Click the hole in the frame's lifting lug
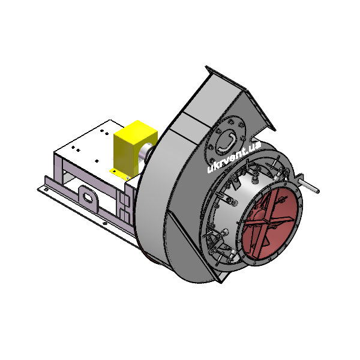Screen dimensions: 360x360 click(x=88, y=197)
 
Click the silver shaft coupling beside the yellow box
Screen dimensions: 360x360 click(x=145, y=154)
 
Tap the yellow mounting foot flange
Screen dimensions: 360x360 click(x=120, y=175)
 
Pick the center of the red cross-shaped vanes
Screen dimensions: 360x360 click(x=268, y=221)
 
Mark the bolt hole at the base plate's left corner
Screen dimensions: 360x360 click(x=46, y=190)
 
